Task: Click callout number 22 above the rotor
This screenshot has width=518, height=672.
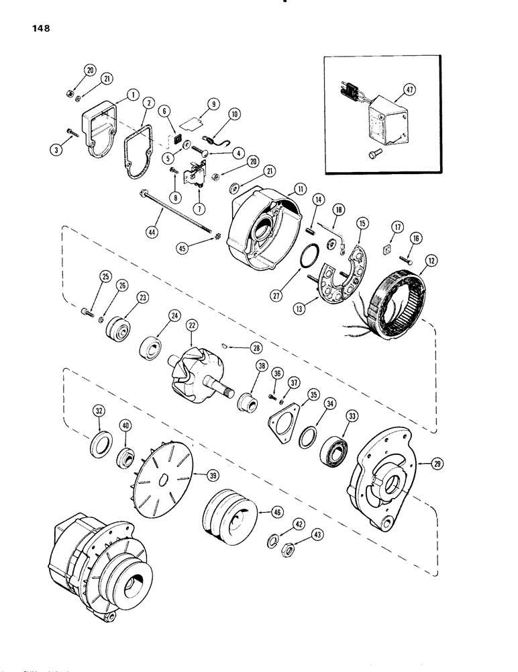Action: tap(193, 325)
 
